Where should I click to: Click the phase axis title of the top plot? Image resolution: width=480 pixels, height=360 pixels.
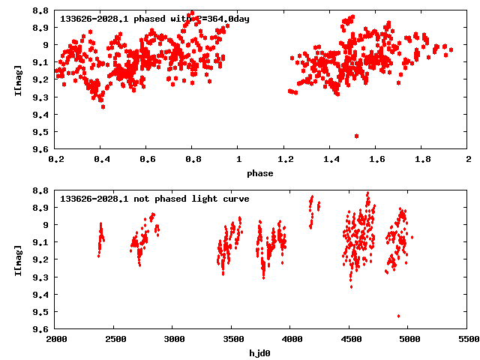pos(262,173)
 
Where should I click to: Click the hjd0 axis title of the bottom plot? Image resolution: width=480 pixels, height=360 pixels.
pos(262,352)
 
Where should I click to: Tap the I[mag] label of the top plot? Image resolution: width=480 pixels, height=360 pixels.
pos(17,79)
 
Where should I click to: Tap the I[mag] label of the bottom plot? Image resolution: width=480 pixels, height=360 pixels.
pos(17,259)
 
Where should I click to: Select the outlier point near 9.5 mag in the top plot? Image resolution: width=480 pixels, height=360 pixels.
pos(356,136)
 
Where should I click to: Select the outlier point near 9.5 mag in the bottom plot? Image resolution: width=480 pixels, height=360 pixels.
pos(398,316)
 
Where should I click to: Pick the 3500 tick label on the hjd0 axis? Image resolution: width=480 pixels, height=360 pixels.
pos(292,340)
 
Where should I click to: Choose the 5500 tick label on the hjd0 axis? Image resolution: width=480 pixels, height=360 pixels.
pos(469,340)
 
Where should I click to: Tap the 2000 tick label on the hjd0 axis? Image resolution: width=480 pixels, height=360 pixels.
pos(55,340)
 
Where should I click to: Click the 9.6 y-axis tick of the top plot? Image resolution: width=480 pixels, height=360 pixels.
pos(40,149)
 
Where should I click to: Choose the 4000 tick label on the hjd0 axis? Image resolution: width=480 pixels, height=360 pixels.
pos(351,340)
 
